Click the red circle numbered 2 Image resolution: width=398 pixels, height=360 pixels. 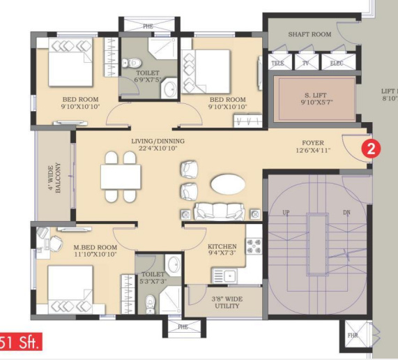[372, 149]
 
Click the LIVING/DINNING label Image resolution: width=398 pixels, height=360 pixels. [158, 141]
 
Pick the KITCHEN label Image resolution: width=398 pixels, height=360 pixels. [222, 246]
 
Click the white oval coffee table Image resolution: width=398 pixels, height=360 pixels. [227, 183]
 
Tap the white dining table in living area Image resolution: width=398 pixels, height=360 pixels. [121, 177]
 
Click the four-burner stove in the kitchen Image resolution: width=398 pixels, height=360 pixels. [254, 245]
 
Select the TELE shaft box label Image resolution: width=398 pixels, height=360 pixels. [278, 63]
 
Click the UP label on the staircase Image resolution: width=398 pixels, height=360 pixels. [286, 213]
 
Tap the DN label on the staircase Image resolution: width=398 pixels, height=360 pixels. [346, 213]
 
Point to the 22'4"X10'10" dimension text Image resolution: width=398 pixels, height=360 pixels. [158, 149]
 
